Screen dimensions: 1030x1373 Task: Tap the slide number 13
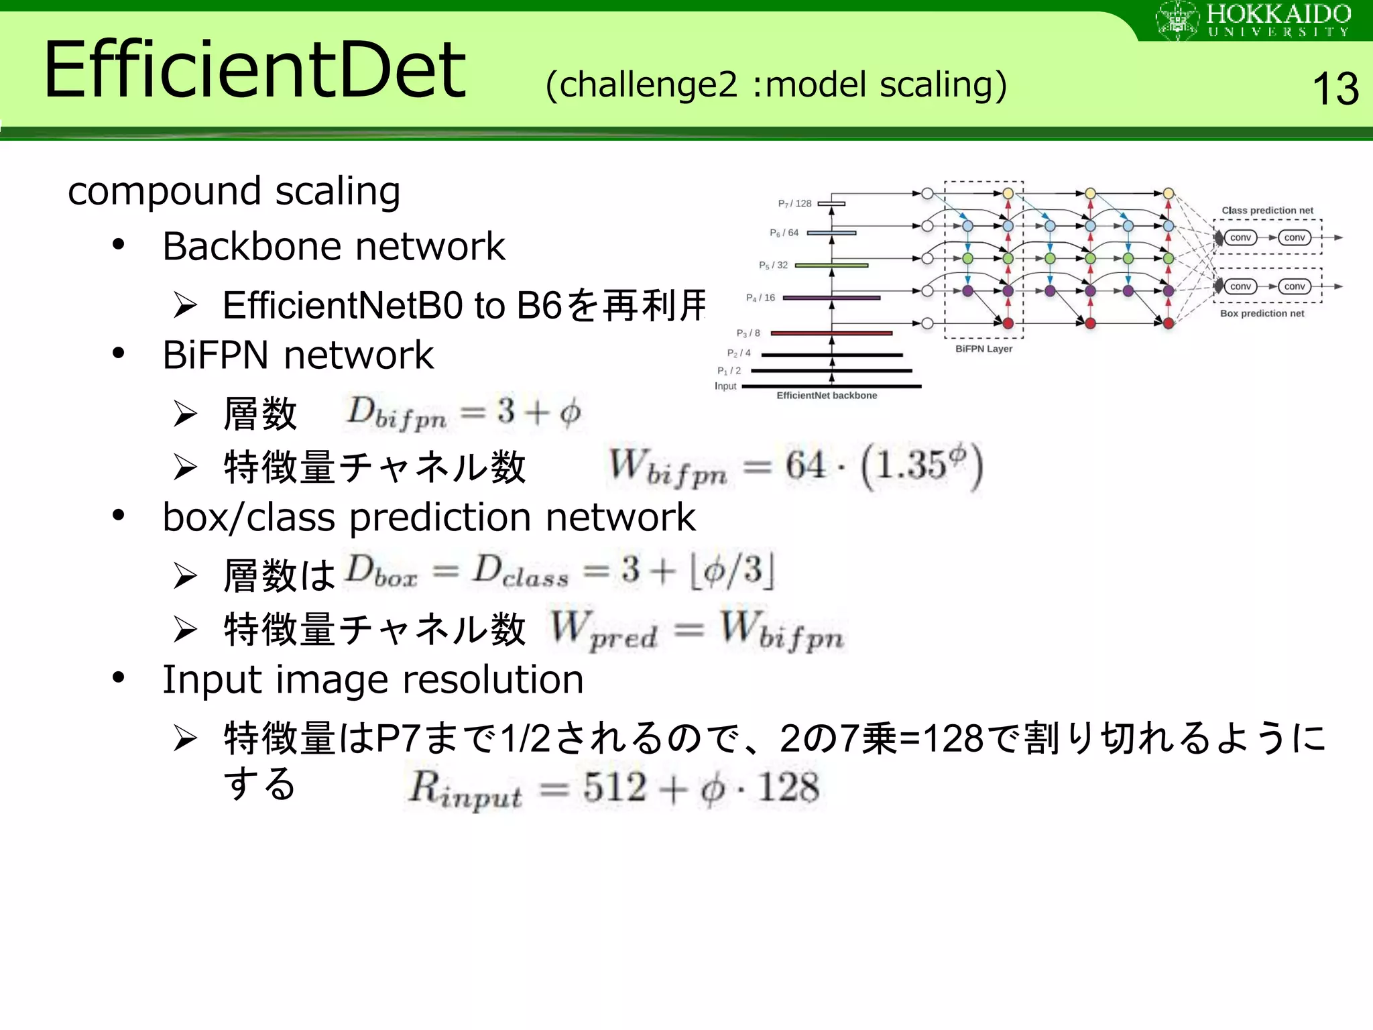pos(1335,89)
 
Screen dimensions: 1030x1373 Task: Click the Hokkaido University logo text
pos(1277,20)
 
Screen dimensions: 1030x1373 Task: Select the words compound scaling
pos(234,191)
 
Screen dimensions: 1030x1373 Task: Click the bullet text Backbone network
pos(333,246)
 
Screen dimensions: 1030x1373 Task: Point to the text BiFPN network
pos(298,355)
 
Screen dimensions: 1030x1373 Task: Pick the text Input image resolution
pos(373,679)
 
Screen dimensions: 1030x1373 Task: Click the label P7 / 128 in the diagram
pos(794,203)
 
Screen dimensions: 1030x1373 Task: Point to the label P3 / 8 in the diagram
pos(748,333)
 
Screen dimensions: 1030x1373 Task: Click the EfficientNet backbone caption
pos(827,396)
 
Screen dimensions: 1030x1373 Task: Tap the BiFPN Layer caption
pos(983,349)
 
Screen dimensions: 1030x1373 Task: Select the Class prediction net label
pos(1267,211)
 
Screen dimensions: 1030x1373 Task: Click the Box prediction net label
pos(1262,313)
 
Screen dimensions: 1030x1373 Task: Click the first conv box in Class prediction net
pos(1240,237)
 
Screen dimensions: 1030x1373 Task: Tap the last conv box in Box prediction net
pos(1294,286)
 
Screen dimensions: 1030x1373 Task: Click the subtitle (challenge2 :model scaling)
pos(776,85)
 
